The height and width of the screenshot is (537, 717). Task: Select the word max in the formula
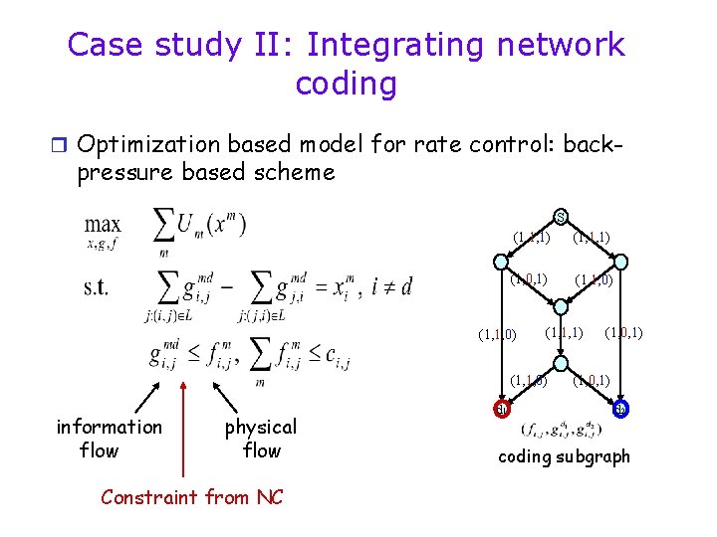tap(103, 225)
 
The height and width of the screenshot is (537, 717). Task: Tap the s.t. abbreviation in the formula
tap(98, 287)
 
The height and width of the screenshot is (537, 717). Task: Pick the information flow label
tap(109, 439)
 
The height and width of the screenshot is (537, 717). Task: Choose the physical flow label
tap(261, 439)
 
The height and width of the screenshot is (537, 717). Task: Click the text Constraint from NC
tap(191, 496)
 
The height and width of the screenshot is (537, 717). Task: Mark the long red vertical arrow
tap(182, 418)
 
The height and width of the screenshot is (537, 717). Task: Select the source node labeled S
tap(562, 217)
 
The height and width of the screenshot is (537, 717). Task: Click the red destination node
tap(502, 408)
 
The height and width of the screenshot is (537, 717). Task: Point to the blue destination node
tap(620, 408)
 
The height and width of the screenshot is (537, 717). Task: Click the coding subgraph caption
tap(564, 457)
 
